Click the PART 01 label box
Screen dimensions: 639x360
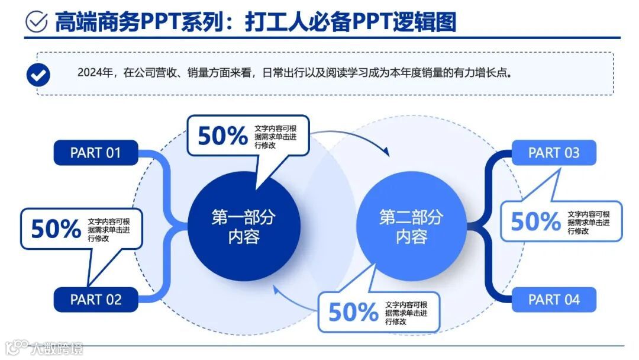96,153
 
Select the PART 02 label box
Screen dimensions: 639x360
96,300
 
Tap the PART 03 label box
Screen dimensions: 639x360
554,153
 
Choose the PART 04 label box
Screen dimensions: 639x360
554,300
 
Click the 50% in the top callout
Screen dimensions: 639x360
222,136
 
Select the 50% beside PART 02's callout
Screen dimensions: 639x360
56,229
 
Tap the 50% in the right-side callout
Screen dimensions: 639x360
535,221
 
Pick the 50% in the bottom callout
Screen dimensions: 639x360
353,312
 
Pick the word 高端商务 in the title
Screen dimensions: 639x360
97,22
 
